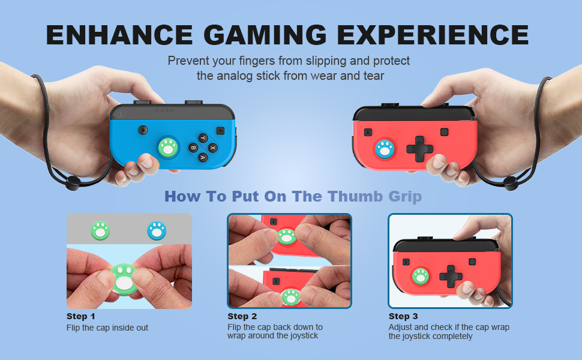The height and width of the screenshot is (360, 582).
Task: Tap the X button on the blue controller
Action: (212, 147)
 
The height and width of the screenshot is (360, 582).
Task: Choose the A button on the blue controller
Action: (203, 157)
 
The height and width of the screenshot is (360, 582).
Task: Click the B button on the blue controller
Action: (193, 147)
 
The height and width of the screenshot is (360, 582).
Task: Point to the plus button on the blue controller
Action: (220, 130)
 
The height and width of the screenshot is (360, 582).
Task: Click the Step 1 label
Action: (80, 316)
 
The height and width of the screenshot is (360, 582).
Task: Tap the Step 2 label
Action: (242, 316)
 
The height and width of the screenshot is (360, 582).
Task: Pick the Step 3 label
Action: (403, 316)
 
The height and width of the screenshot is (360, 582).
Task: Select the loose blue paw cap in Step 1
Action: (157, 230)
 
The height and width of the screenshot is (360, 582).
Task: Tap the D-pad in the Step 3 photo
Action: (450, 276)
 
